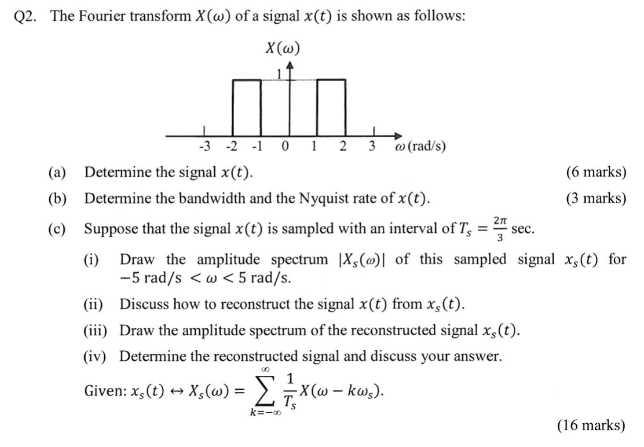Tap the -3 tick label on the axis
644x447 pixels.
[x=204, y=146]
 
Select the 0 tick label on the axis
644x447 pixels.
[x=285, y=146]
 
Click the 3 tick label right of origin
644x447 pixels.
[x=372, y=146]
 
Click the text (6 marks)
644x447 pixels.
[x=597, y=172]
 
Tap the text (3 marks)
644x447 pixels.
[x=597, y=199]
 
